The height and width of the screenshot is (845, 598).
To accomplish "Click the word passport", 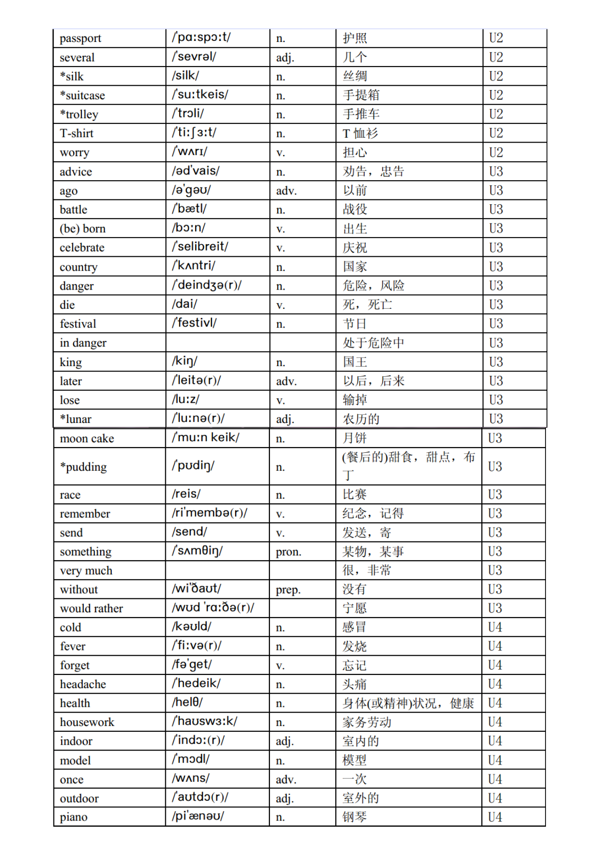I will tap(80, 39).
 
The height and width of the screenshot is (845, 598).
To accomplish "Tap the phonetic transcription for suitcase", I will tap(200, 94).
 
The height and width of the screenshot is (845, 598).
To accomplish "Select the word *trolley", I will tap(79, 115).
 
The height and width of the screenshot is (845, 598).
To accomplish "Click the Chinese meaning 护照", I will tap(355, 39).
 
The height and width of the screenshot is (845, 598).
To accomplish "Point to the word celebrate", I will tap(82, 248).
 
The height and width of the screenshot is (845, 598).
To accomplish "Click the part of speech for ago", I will tap(286, 191).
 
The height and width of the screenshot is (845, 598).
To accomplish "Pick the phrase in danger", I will tap(83, 343).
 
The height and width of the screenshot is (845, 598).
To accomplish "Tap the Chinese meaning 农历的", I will tap(361, 419).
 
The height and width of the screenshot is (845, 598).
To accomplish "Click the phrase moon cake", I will tap(87, 438).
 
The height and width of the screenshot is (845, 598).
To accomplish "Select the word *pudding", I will tap(83, 467).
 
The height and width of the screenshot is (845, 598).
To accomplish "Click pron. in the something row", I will tap(289, 552).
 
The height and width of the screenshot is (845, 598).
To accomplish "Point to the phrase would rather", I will tap(92, 608).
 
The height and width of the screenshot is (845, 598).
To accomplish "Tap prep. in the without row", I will tap(288, 590).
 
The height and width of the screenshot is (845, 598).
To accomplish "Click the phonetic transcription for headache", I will tap(196, 684).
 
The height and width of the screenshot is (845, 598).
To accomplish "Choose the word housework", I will tap(87, 722).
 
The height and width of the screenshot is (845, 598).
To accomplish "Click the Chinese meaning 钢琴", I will tap(355, 817).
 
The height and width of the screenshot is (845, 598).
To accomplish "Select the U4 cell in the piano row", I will tap(495, 817).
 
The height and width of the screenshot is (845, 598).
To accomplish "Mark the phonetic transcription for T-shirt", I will tap(194, 132).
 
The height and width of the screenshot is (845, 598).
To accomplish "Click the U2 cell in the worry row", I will tap(496, 153).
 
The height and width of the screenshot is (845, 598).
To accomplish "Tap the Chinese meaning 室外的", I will tap(361, 798).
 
